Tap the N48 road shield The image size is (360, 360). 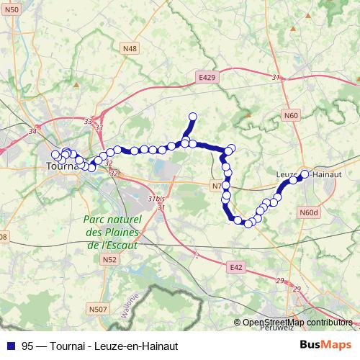(129, 48)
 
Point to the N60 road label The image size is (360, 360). (290, 115)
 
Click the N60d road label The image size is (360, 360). (308, 212)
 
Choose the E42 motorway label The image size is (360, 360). (236, 267)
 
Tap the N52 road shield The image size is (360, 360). (109, 259)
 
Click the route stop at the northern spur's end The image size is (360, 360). (193, 116)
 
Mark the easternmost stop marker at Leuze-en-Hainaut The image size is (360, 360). (305, 174)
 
